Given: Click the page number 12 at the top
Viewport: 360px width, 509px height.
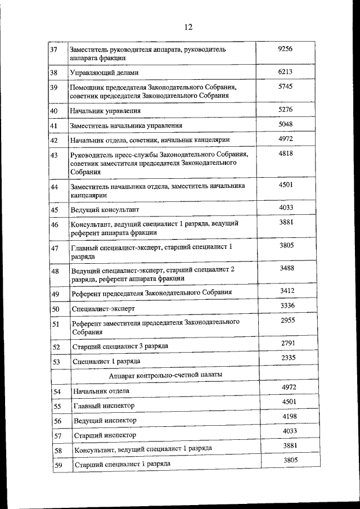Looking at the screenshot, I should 188,27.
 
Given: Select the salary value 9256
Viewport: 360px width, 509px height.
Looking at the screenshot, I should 286,49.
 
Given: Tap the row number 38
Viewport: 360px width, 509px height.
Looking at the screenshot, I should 54,73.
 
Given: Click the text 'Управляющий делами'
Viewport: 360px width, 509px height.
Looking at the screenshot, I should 104,73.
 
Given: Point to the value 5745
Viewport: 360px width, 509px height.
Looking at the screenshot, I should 286,87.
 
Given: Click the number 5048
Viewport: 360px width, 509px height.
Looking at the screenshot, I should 286,124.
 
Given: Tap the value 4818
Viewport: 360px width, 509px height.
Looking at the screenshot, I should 286,154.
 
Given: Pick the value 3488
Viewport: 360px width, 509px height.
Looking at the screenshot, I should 287,268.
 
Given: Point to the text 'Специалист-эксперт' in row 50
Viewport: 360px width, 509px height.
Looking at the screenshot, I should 105,309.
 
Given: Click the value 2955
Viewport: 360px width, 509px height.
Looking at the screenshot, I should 288,320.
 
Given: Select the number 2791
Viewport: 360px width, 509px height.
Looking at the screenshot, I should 288,343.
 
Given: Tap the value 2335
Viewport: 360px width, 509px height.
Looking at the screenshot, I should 288,358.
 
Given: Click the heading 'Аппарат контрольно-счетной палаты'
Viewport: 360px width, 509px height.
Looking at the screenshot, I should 165,374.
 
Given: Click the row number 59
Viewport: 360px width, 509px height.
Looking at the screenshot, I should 57,465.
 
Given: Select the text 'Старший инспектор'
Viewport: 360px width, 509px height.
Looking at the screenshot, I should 105,435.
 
